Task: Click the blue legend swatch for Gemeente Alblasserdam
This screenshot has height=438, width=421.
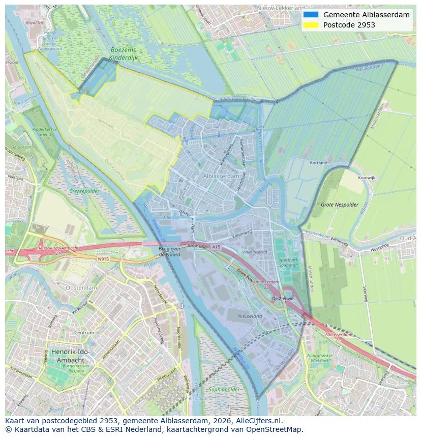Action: tap(310, 15)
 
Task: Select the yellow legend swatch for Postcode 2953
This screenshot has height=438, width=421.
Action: tap(310, 25)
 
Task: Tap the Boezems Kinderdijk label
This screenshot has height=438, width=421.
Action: tap(124, 54)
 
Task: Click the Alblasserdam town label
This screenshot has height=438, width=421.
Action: tap(221, 176)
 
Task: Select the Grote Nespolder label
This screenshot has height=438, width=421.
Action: tap(340, 205)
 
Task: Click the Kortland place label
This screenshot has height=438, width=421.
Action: tap(319, 163)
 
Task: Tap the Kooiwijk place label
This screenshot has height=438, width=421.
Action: tap(367, 179)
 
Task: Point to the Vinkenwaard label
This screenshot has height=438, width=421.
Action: tap(254, 252)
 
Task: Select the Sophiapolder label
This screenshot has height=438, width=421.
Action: tap(224, 390)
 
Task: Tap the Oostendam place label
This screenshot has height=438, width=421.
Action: tap(81, 287)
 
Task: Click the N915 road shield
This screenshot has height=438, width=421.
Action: tap(103, 258)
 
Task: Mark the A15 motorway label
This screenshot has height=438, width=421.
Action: tap(217, 247)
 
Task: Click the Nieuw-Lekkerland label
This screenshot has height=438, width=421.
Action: tap(281, 8)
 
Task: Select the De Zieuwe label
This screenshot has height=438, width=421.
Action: tap(283, 299)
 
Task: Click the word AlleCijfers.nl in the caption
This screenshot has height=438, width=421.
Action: tap(259, 421)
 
